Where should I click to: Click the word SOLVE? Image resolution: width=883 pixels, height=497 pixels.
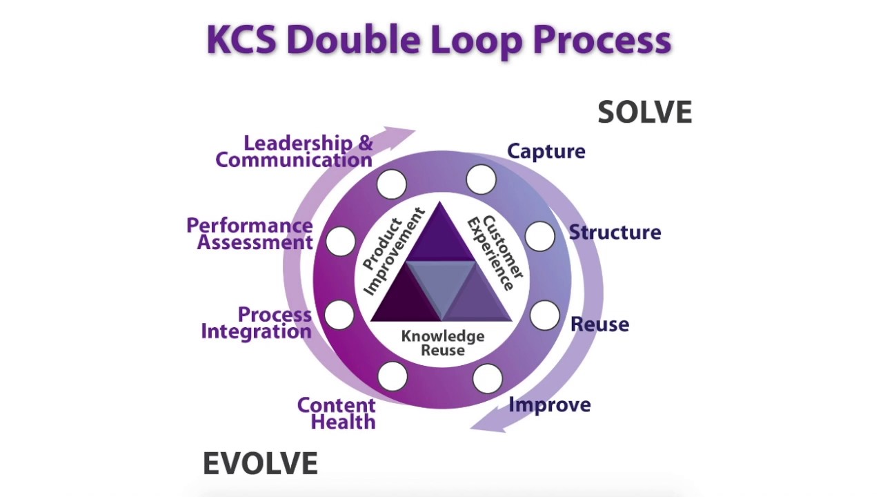point(644,113)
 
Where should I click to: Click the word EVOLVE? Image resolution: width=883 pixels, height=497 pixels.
point(260,464)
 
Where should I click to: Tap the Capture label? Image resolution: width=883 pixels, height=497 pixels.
point(546,152)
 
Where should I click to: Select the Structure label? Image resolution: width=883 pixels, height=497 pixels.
point(614,233)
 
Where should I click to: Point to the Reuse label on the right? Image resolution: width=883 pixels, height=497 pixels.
point(599,324)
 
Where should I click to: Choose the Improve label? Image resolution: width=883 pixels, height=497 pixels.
point(549,405)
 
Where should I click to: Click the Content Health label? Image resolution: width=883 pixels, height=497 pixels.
point(337,413)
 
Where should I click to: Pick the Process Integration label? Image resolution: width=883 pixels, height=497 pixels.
point(257,323)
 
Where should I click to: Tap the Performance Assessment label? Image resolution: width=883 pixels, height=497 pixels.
point(250,234)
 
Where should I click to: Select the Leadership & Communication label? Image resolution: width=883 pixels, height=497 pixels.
point(295,152)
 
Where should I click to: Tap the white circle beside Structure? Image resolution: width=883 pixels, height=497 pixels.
point(539,236)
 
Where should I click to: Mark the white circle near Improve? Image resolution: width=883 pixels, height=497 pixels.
point(487,379)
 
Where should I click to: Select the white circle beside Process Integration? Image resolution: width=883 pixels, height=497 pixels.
point(339,315)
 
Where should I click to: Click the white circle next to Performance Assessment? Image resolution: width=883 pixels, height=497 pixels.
point(340,241)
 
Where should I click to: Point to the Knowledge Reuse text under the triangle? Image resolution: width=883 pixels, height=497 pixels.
point(443,343)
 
